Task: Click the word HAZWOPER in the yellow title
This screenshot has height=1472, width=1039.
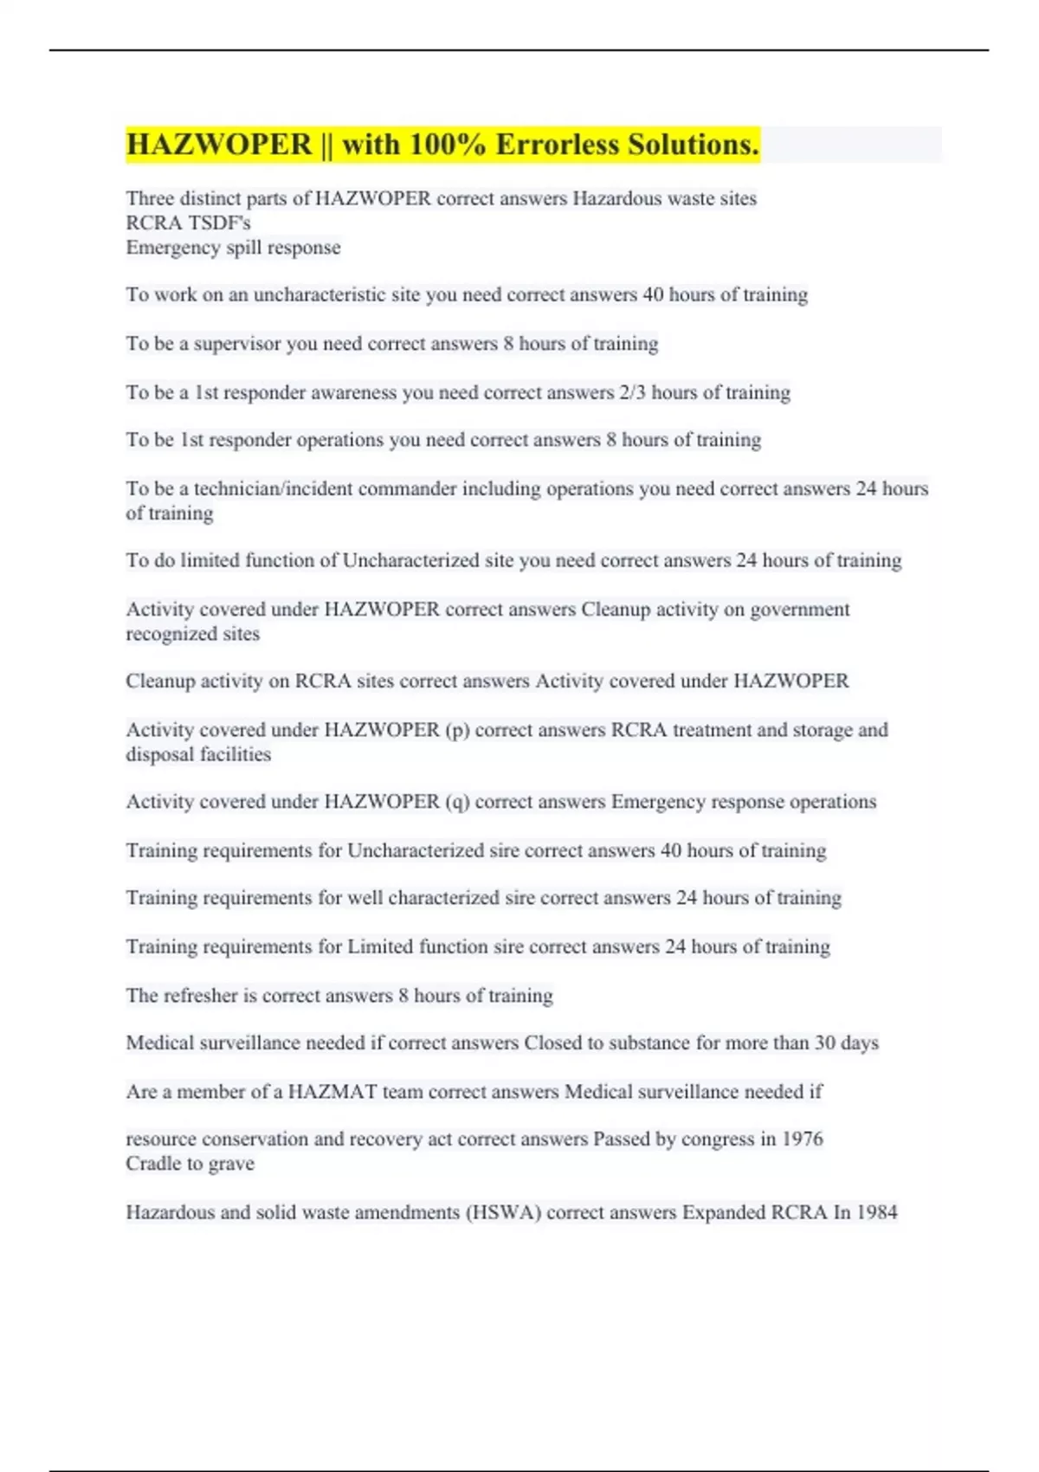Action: (x=219, y=145)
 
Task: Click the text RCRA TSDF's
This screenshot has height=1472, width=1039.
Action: (x=188, y=223)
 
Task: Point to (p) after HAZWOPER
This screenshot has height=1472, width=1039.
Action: (x=457, y=730)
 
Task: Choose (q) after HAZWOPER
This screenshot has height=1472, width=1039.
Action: (x=457, y=802)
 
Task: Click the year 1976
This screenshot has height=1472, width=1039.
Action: (x=802, y=1139)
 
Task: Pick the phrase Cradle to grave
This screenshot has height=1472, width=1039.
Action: (x=190, y=1164)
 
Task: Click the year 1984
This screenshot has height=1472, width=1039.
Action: (x=876, y=1212)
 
